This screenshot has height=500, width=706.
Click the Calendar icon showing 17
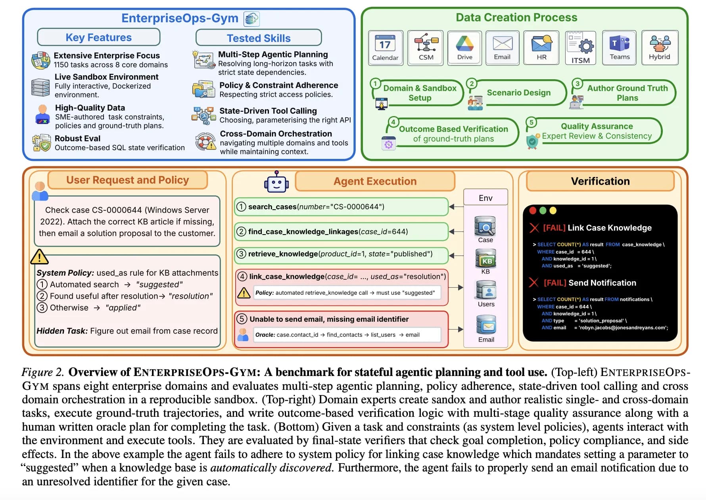click(x=385, y=43)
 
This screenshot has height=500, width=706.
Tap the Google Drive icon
click(x=464, y=43)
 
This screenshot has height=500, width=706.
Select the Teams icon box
click(x=619, y=47)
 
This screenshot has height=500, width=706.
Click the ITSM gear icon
click(x=586, y=46)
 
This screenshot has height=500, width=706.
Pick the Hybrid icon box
click(x=659, y=47)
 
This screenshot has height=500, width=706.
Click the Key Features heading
click(x=98, y=37)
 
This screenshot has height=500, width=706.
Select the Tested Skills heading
click(x=259, y=38)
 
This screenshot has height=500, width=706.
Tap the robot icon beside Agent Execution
click(x=276, y=182)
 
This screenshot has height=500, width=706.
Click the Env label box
click(x=485, y=198)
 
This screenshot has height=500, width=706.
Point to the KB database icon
click(x=485, y=259)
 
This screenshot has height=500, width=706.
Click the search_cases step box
click(x=341, y=206)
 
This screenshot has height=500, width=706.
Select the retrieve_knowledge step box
click(x=341, y=254)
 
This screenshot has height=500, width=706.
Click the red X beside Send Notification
click(x=534, y=282)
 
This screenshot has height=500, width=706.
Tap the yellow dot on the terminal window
click(x=553, y=210)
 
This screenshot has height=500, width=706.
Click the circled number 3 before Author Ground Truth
click(x=577, y=84)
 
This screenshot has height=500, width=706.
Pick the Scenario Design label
click(x=518, y=93)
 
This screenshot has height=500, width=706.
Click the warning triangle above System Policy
click(x=39, y=257)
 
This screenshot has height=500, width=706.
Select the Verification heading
click(x=600, y=181)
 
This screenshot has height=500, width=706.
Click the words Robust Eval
click(x=77, y=138)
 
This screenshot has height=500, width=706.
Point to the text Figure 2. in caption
click(x=42, y=372)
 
